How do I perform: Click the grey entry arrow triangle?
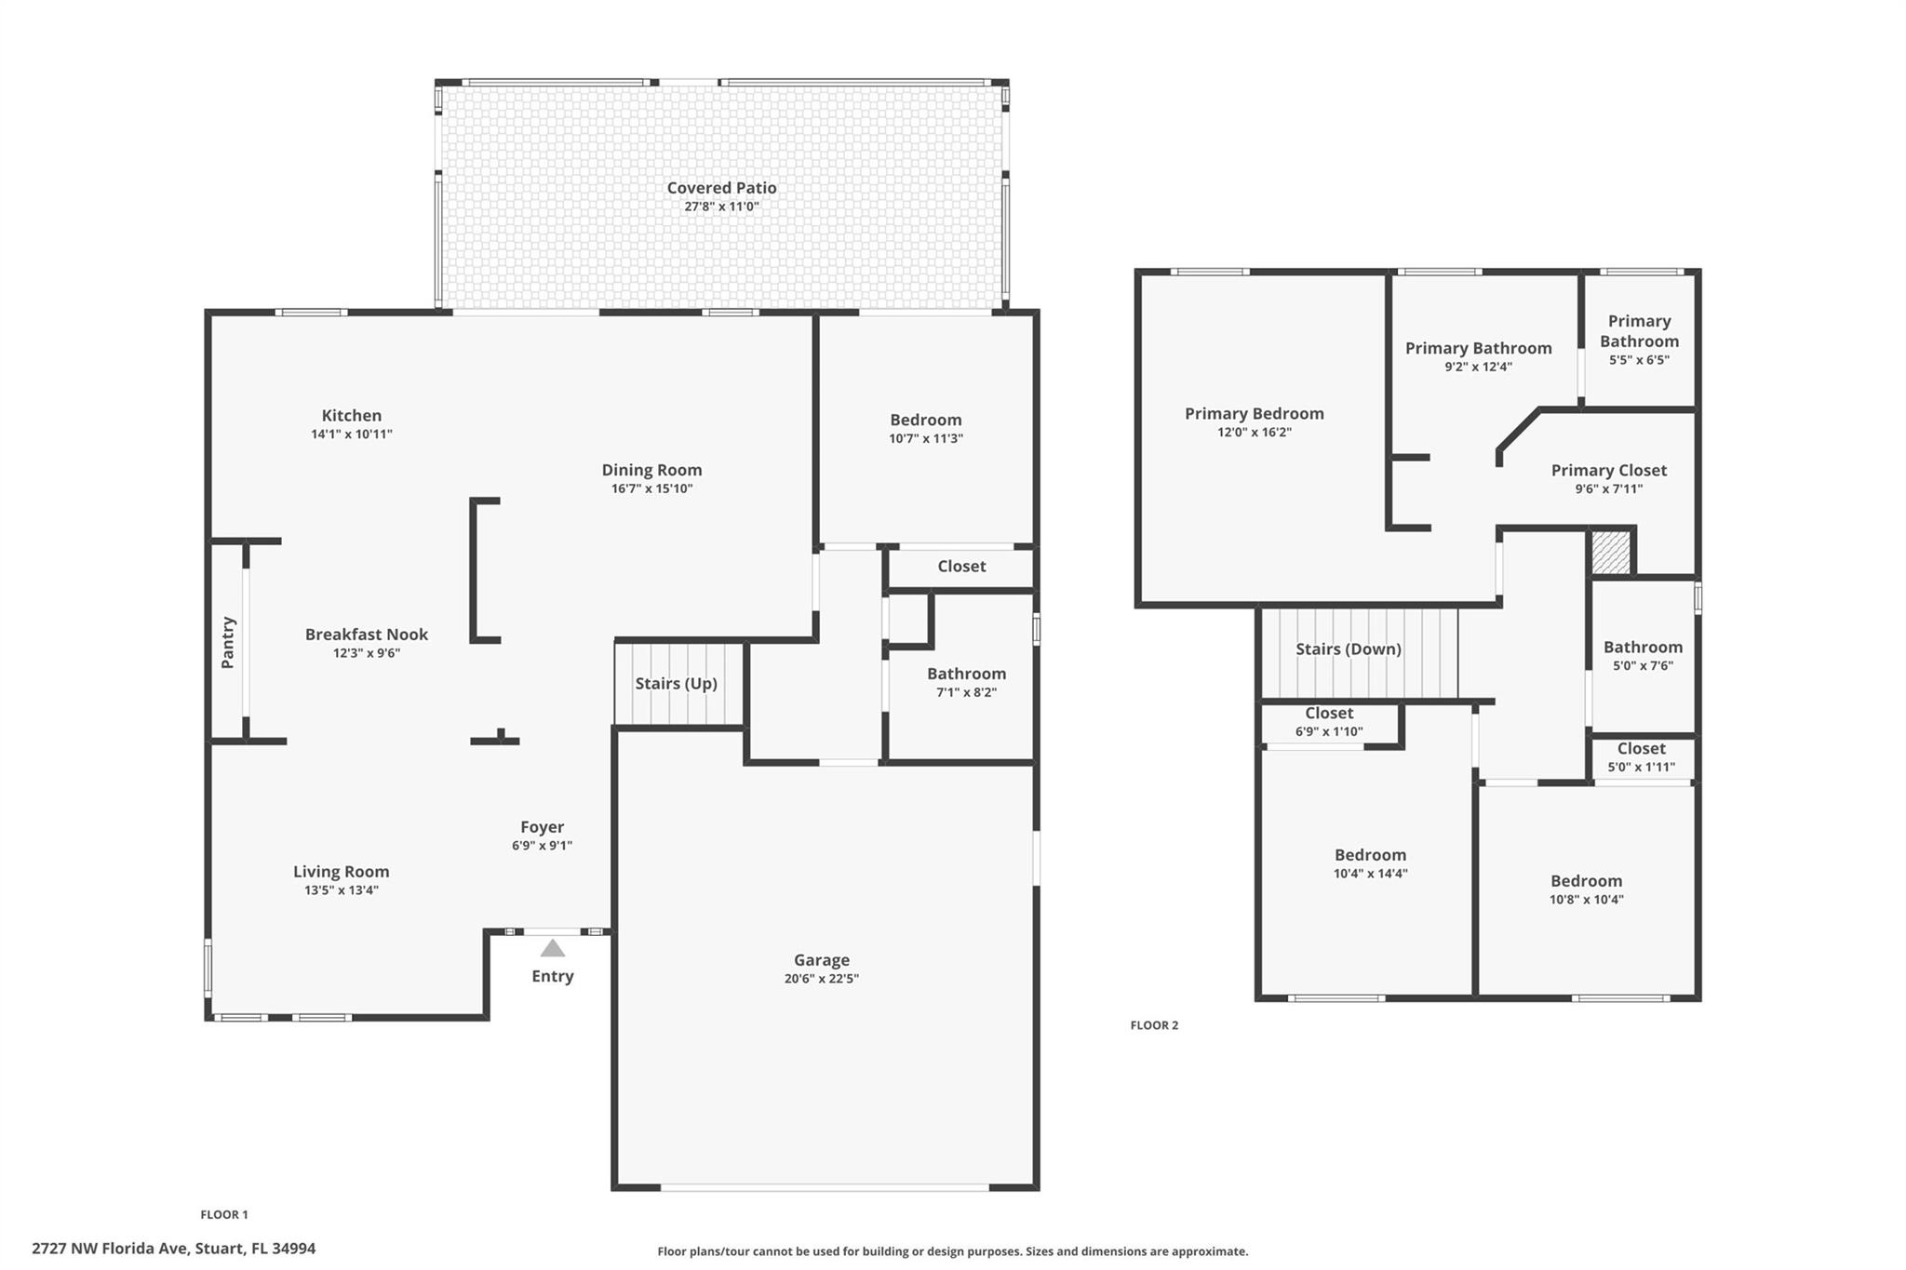553,948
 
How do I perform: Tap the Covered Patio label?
721,188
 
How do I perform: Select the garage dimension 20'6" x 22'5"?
821,979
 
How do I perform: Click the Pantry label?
228,642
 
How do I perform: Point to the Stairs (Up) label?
676,684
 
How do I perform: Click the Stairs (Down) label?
1348,649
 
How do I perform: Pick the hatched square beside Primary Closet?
1610,553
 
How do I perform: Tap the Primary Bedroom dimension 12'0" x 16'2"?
1254,433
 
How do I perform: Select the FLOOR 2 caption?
1154,1025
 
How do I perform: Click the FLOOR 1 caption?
224,1214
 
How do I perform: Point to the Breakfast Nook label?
367,635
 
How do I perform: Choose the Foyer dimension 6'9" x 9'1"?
542,846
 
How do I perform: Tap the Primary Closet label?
1608,471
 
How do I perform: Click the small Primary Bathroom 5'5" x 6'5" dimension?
1639,360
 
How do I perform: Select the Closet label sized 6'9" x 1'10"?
1328,714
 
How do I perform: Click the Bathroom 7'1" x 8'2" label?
966,674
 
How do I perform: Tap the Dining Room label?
651,471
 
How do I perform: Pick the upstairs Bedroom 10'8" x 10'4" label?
1586,881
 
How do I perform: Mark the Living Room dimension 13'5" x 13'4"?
342,890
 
